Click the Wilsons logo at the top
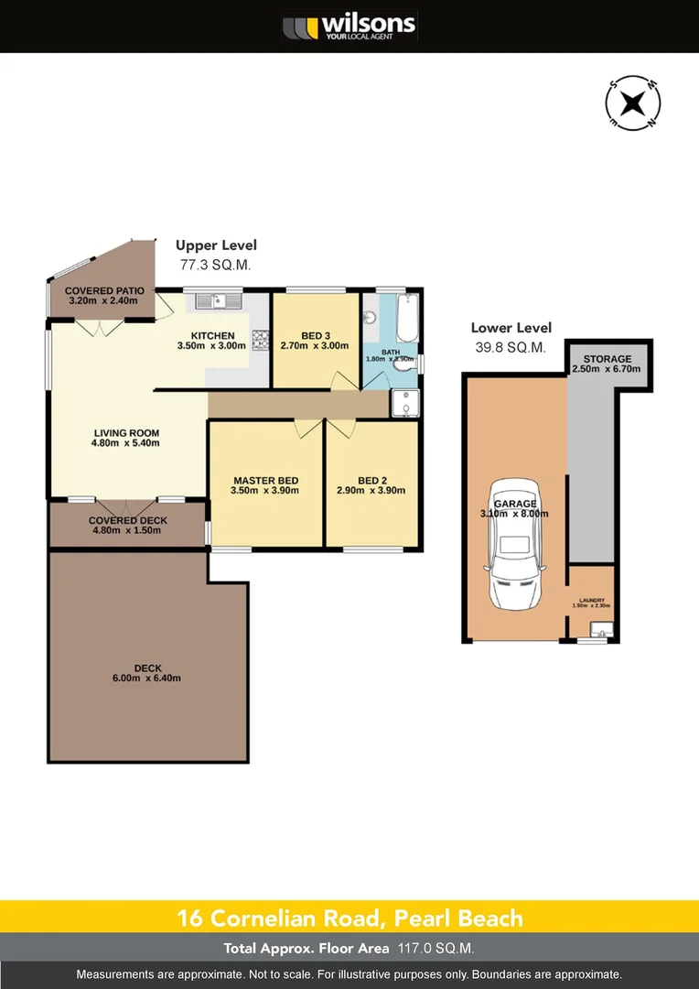[x=349, y=26]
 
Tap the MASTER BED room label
[x=265, y=481]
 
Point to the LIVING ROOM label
[x=126, y=433]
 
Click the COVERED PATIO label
[x=101, y=290]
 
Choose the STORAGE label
[x=608, y=359]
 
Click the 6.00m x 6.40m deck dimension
[x=147, y=679]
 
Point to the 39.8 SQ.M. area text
[x=509, y=347]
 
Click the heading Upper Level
[x=216, y=245]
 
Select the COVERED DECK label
[x=127, y=520]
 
